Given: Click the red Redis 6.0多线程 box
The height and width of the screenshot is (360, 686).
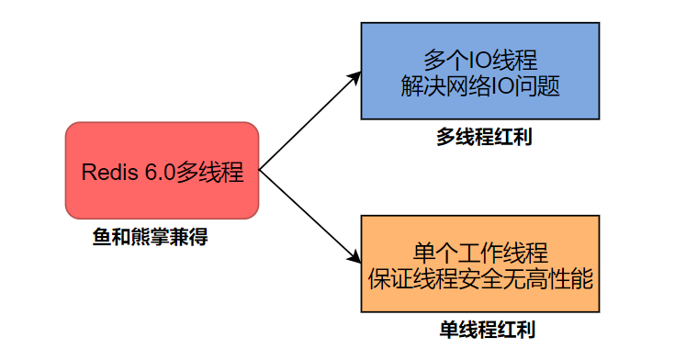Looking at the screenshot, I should [x=163, y=170].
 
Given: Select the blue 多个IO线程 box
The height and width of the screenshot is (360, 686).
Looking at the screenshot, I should [x=479, y=71].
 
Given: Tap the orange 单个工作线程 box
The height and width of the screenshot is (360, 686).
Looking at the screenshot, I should [x=479, y=264].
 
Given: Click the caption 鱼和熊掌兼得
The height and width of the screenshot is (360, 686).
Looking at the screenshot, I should [x=151, y=237].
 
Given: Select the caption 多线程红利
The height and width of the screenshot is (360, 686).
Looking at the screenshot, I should [x=484, y=138].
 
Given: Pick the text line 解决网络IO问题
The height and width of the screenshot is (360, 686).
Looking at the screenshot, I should [x=481, y=86].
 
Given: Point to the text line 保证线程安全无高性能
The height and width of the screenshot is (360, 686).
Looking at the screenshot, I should [x=481, y=279].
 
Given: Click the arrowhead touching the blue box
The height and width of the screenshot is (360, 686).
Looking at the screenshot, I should [x=355, y=76].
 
